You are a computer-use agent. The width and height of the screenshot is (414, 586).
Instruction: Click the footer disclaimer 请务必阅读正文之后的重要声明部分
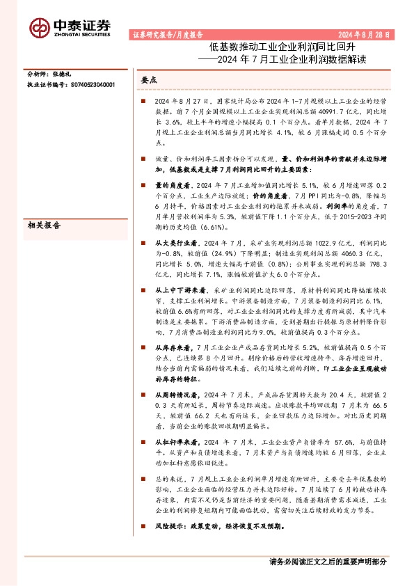click(x=327, y=562)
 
